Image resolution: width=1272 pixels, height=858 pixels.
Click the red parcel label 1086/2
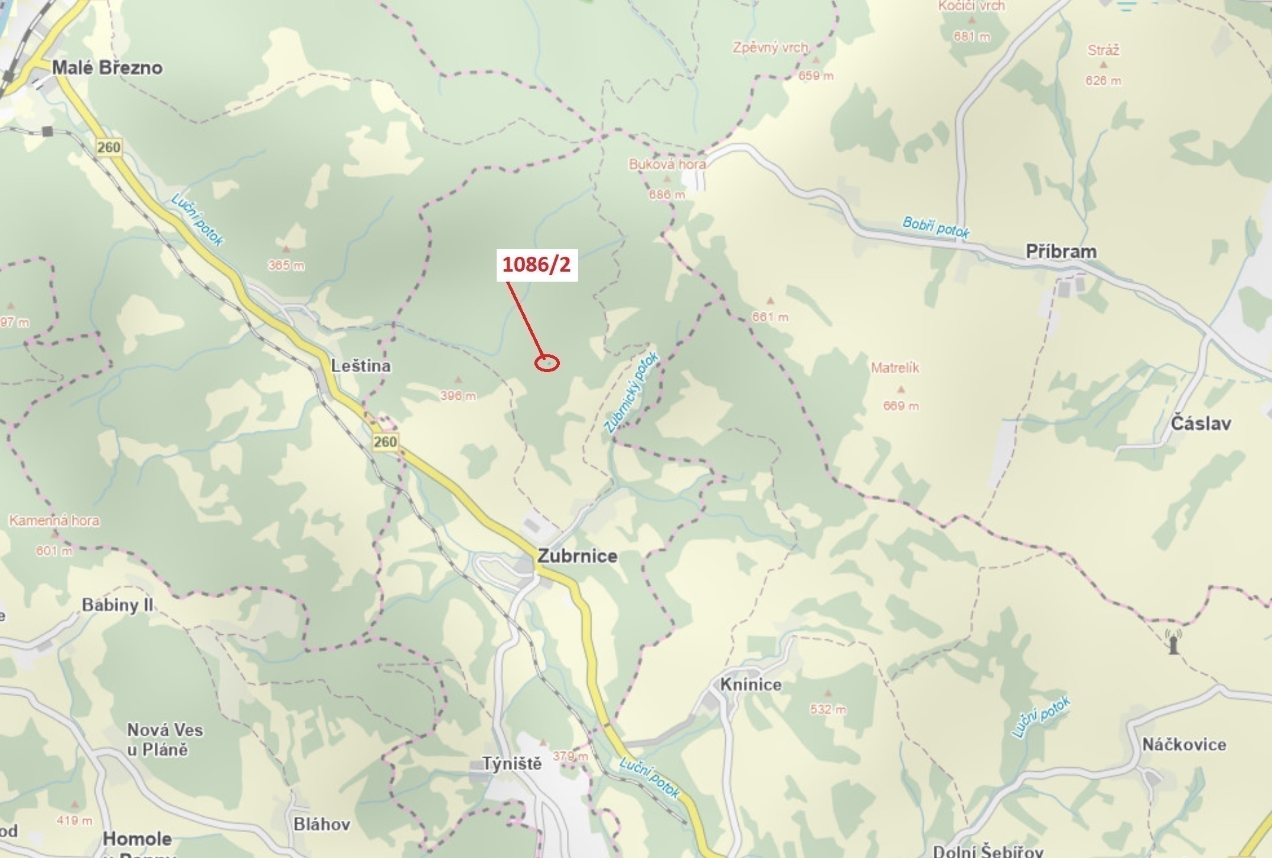point(536,265)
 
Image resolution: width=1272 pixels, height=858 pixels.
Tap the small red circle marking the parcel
point(547,363)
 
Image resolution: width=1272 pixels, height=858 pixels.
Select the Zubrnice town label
point(577,556)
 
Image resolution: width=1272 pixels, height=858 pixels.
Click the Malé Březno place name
point(107,67)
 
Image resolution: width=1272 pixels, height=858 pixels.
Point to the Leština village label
point(360,366)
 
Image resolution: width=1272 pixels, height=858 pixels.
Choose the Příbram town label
point(1061,251)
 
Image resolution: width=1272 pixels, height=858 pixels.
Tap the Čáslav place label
point(1201,423)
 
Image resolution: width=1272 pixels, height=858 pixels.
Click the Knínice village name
point(751,684)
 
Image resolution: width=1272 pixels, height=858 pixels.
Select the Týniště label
point(512,764)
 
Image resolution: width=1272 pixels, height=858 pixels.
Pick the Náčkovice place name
point(1183,744)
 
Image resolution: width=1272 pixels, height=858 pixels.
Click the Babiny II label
point(118,605)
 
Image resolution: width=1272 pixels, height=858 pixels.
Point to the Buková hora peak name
point(667,164)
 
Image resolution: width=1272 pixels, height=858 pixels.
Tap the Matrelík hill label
point(895,367)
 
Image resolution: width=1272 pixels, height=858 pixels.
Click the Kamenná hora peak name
point(54,520)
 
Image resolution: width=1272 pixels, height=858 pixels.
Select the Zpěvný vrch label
point(770,47)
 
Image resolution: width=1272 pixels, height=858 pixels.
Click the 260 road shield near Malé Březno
point(109,146)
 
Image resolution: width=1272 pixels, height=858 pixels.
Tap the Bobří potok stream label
point(935,227)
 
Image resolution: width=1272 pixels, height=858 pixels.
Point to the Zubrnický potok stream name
point(631,392)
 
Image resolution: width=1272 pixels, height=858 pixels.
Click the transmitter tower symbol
point(1173,641)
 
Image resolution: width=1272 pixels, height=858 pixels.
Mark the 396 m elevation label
point(458,396)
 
